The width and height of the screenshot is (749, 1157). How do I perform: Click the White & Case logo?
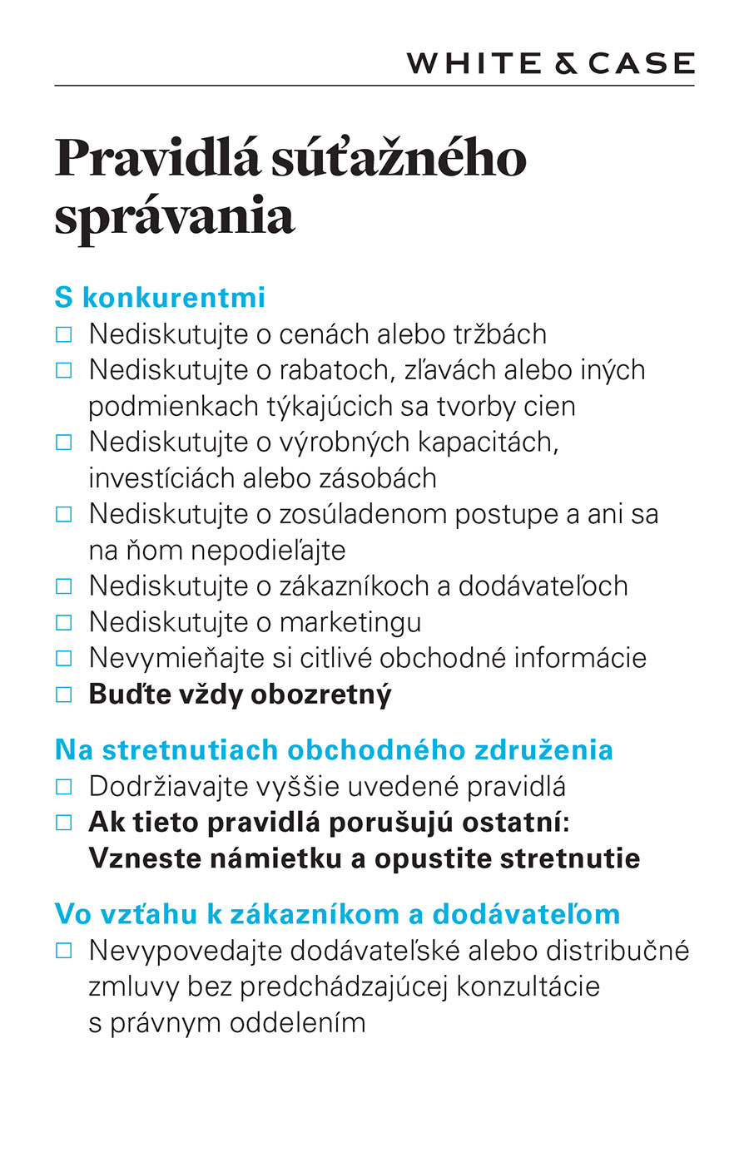coord(550,63)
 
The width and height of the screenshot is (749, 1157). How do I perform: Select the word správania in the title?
coord(175,216)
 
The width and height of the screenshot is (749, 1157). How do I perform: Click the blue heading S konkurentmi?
coord(160,297)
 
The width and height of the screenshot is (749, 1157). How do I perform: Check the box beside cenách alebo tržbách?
coord(64,334)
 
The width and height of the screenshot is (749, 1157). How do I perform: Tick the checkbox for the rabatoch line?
coord(64,370)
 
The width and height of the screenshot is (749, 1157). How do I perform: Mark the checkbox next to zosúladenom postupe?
coord(64,514)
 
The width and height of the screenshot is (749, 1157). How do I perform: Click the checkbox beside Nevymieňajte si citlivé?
coord(64,658)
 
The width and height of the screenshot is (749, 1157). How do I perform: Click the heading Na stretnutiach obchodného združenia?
coord(334,749)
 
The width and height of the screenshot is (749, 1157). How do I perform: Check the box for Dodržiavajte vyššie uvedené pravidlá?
coord(64,786)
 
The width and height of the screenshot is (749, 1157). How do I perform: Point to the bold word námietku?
coord(280,858)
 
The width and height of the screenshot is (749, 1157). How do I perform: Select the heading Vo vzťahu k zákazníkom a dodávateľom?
coord(337,913)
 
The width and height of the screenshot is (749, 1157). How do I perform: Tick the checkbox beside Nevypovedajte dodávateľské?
coord(64,950)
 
